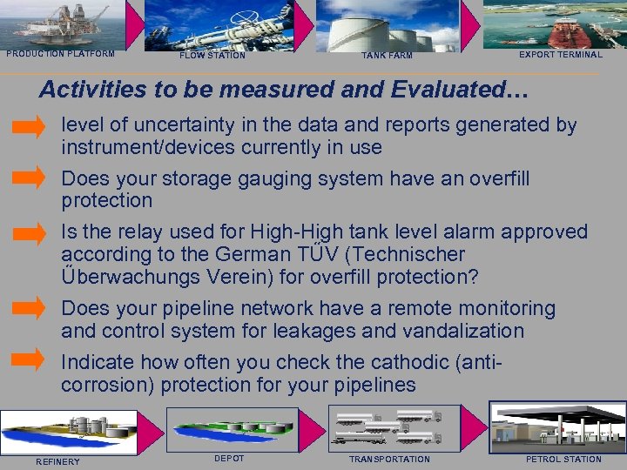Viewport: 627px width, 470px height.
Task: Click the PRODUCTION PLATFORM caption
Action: [60, 54]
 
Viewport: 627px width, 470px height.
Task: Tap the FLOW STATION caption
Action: [212, 56]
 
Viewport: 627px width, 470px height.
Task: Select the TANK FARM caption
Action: [388, 56]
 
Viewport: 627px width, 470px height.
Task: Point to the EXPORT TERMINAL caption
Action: [560, 55]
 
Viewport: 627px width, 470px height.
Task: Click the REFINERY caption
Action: [57, 461]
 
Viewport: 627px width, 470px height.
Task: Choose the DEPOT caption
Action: [229, 459]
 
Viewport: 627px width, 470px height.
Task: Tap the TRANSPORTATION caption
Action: [389, 459]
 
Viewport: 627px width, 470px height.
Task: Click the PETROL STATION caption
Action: [563, 459]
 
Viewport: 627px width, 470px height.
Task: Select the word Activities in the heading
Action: [95, 90]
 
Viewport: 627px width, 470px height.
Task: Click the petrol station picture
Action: [557, 426]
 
